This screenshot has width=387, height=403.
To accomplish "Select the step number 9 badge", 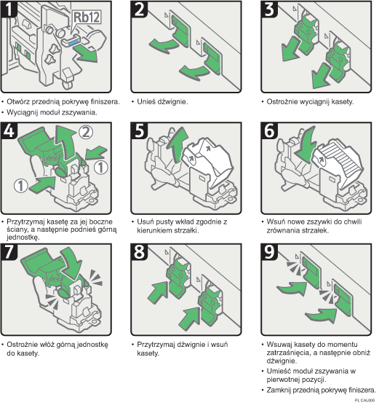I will tap(270, 252).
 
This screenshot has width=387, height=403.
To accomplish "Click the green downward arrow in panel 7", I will tap(70, 259).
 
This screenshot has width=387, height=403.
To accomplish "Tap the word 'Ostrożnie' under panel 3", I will tap(282, 102).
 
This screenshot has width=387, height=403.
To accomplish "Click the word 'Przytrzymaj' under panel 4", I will tap(27, 221).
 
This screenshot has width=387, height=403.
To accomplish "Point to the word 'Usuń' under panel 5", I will tap(145, 221).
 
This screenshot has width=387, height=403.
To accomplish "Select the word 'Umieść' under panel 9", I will tap(279, 370).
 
